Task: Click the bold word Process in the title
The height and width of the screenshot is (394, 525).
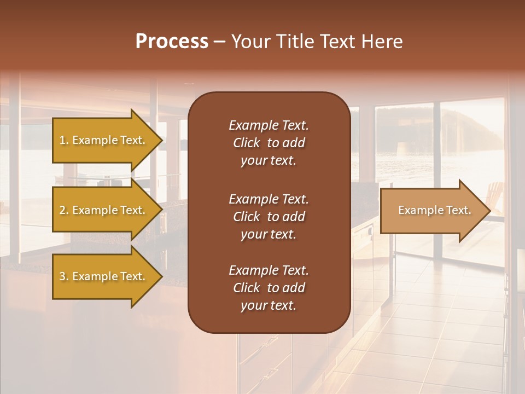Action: click(x=172, y=42)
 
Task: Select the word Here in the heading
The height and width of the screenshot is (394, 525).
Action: click(x=382, y=42)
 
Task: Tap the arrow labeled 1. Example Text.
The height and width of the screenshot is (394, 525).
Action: click(x=104, y=141)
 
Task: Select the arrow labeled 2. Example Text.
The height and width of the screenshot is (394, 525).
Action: click(x=104, y=211)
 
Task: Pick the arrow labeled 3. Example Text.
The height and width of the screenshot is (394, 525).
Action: click(x=104, y=276)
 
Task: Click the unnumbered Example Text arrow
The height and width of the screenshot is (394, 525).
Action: click(x=432, y=211)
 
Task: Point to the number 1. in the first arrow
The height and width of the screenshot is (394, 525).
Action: click(x=63, y=140)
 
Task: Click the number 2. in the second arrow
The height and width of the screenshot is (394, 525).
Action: click(x=63, y=210)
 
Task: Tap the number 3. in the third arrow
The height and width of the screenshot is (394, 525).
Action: click(x=63, y=276)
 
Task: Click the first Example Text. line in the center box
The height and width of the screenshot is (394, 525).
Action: click(x=269, y=125)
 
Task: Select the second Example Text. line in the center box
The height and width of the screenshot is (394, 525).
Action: click(x=269, y=199)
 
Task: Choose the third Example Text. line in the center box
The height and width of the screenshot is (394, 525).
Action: click(x=269, y=270)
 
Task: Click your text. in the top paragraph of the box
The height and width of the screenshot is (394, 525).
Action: click(x=269, y=161)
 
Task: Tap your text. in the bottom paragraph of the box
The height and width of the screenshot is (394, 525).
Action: click(x=269, y=306)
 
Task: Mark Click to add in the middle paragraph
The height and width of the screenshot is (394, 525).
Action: click(x=269, y=217)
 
